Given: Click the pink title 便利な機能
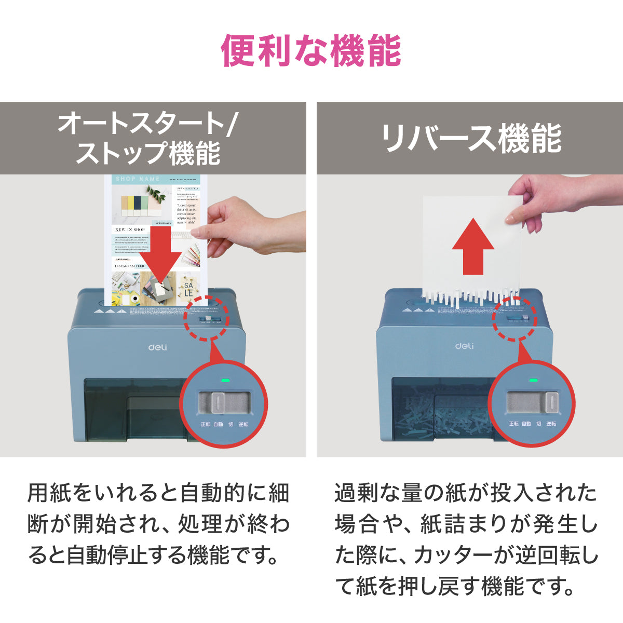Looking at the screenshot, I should pyautogui.click(x=311, y=51).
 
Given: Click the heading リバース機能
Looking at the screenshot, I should pyautogui.click(x=470, y=138).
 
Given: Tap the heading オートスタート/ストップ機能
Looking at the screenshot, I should pyautogui.click(x=148, y=138).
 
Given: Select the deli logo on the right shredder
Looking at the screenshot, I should pyautogui.click(x=464, y=346).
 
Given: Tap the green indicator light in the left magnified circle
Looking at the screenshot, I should pyautogui.click(x=225, y=380).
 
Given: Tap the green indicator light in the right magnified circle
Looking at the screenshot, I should pyautogui.click(x=533, y=380).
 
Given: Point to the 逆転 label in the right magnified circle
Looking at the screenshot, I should pyautogui.click(x=551, y=424).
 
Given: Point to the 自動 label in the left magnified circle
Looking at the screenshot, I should pyautogui.click(x=218, y=424).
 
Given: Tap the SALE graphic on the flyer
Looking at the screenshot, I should pyautogui.click(x=188, y=289).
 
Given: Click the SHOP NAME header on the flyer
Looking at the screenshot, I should pyautogui.click(x=138, y=179).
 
